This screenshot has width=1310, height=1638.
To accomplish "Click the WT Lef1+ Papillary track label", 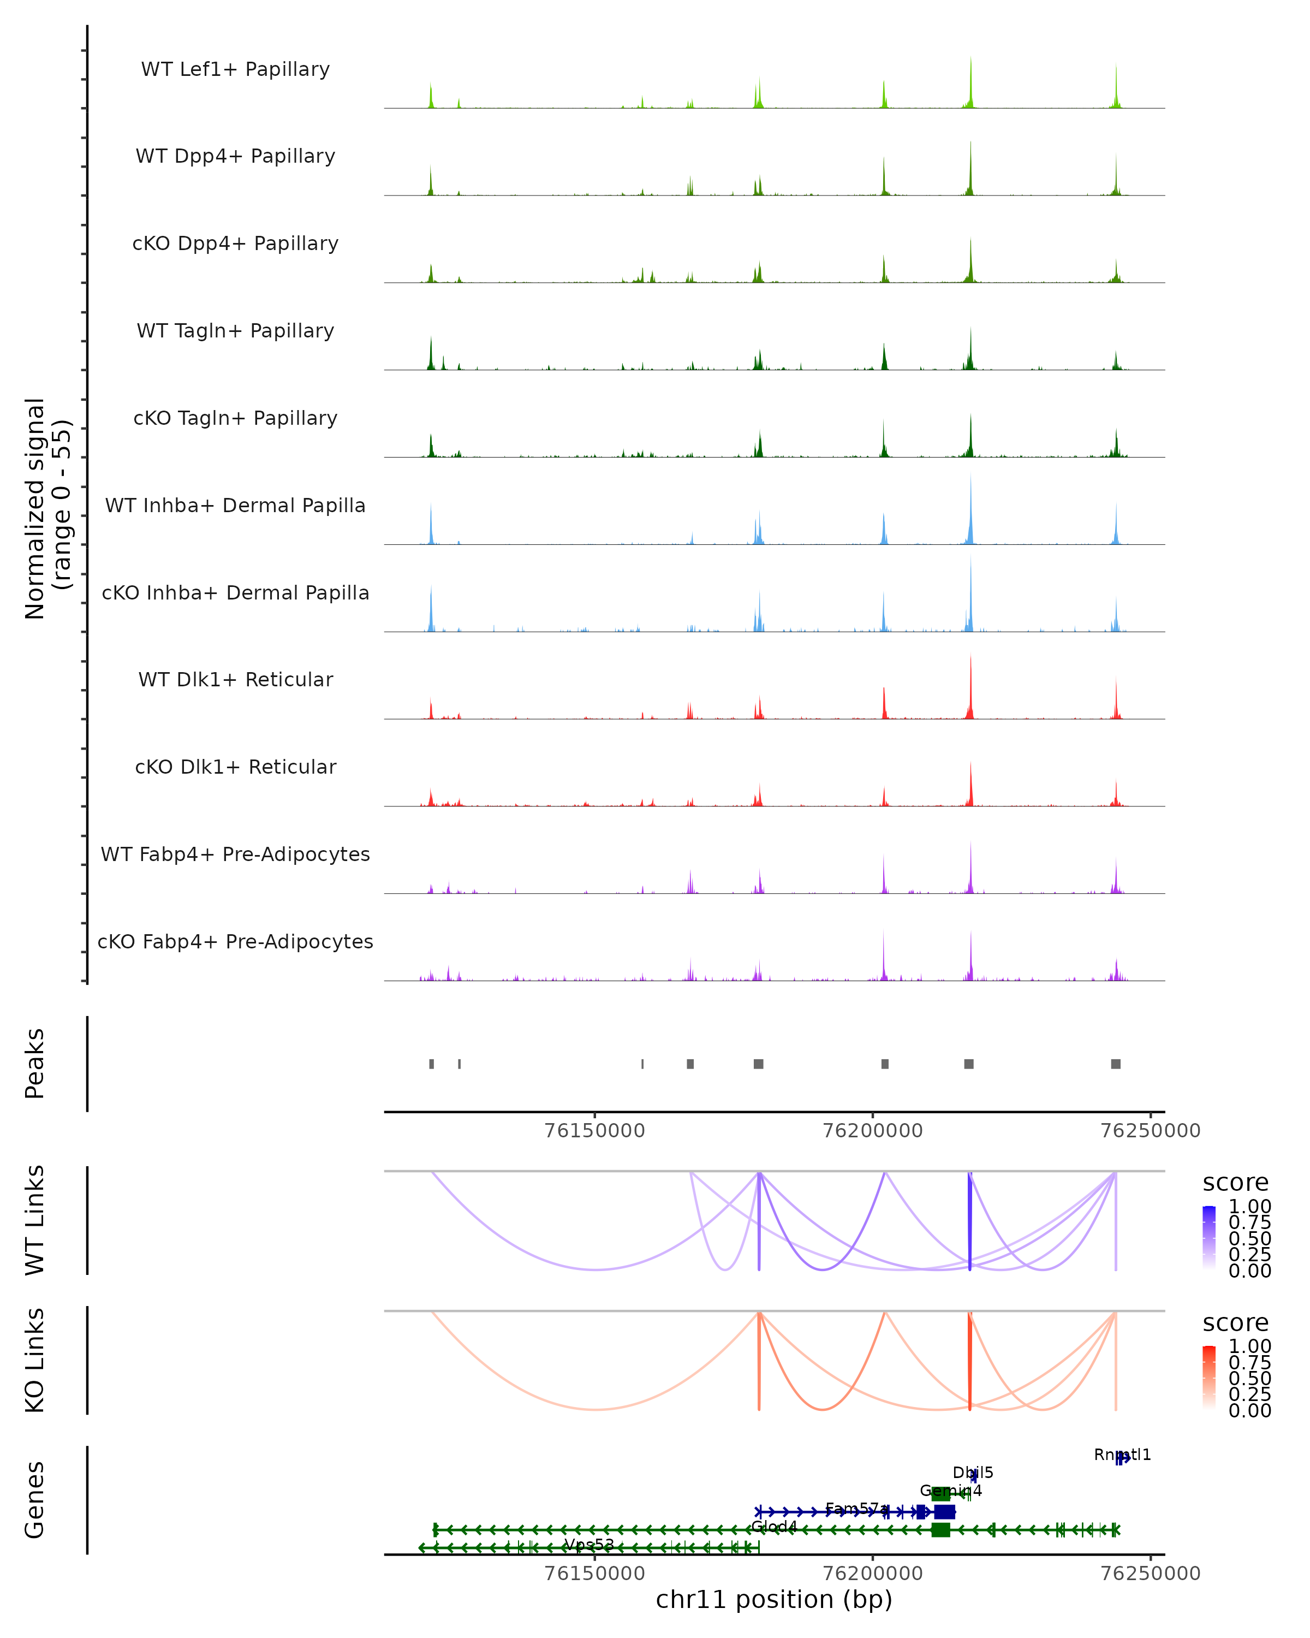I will [x=235, y=69].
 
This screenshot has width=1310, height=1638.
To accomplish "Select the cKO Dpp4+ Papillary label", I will [x=235, y=244].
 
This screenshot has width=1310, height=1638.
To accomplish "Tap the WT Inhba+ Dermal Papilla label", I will [x=235, y=506].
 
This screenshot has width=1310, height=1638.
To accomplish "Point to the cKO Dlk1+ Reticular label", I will [x=235, y=767].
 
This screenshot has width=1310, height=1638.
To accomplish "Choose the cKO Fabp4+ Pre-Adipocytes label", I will [x=235, y=942].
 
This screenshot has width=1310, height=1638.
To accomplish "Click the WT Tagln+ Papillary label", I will [x=235, y=331].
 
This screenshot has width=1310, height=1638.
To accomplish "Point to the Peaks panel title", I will [x=35, y=1064].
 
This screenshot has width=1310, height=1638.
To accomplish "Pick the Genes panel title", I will [x=35, y=1500].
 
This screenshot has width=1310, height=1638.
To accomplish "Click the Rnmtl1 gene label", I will [x=1122, y=1455].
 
